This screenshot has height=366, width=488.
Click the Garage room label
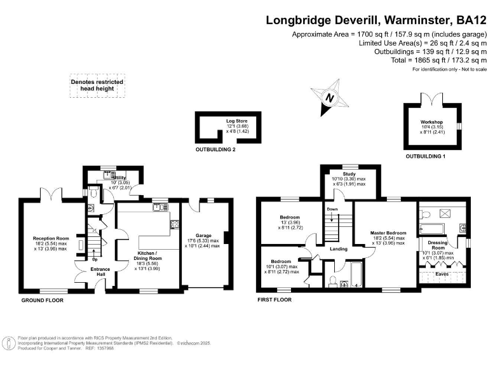tap(203, 234)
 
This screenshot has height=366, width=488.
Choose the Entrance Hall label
tap(100, 272)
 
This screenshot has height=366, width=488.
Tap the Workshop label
tap(431, 122)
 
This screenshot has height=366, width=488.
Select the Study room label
tap(349, 174)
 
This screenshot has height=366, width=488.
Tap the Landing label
tap(338, 248)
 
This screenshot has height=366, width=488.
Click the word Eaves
tap(444, 274)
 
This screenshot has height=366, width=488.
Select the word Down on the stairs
tap(332, 208)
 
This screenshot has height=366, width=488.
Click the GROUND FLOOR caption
tap(41, 299)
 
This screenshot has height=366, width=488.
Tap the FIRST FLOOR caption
tap(275, 299)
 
